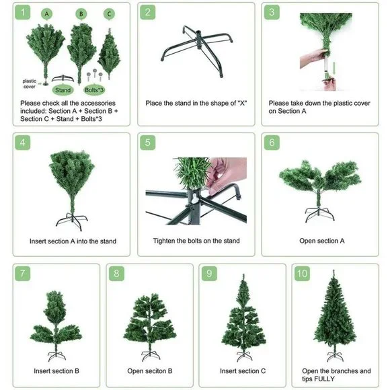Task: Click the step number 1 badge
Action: pos(23,12)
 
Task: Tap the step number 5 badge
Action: pos(148,143)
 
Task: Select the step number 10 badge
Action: pos(302,274)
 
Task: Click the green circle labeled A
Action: pos(47,14)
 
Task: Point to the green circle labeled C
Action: pos(109,14)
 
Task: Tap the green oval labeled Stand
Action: pos(63,90)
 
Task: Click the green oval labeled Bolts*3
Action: pos(94,90)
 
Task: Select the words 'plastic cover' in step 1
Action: pos(30,84)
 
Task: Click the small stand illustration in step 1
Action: pos(63,78)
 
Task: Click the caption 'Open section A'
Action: pos(322,241)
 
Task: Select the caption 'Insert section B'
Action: pos(56,371)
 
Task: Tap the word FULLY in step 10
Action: pos(322,379)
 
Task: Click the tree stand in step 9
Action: pos(243,356)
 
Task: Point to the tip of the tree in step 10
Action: pos(334,270)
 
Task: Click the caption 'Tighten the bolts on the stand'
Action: pos(196,241)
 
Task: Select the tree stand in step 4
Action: pos(72,221)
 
